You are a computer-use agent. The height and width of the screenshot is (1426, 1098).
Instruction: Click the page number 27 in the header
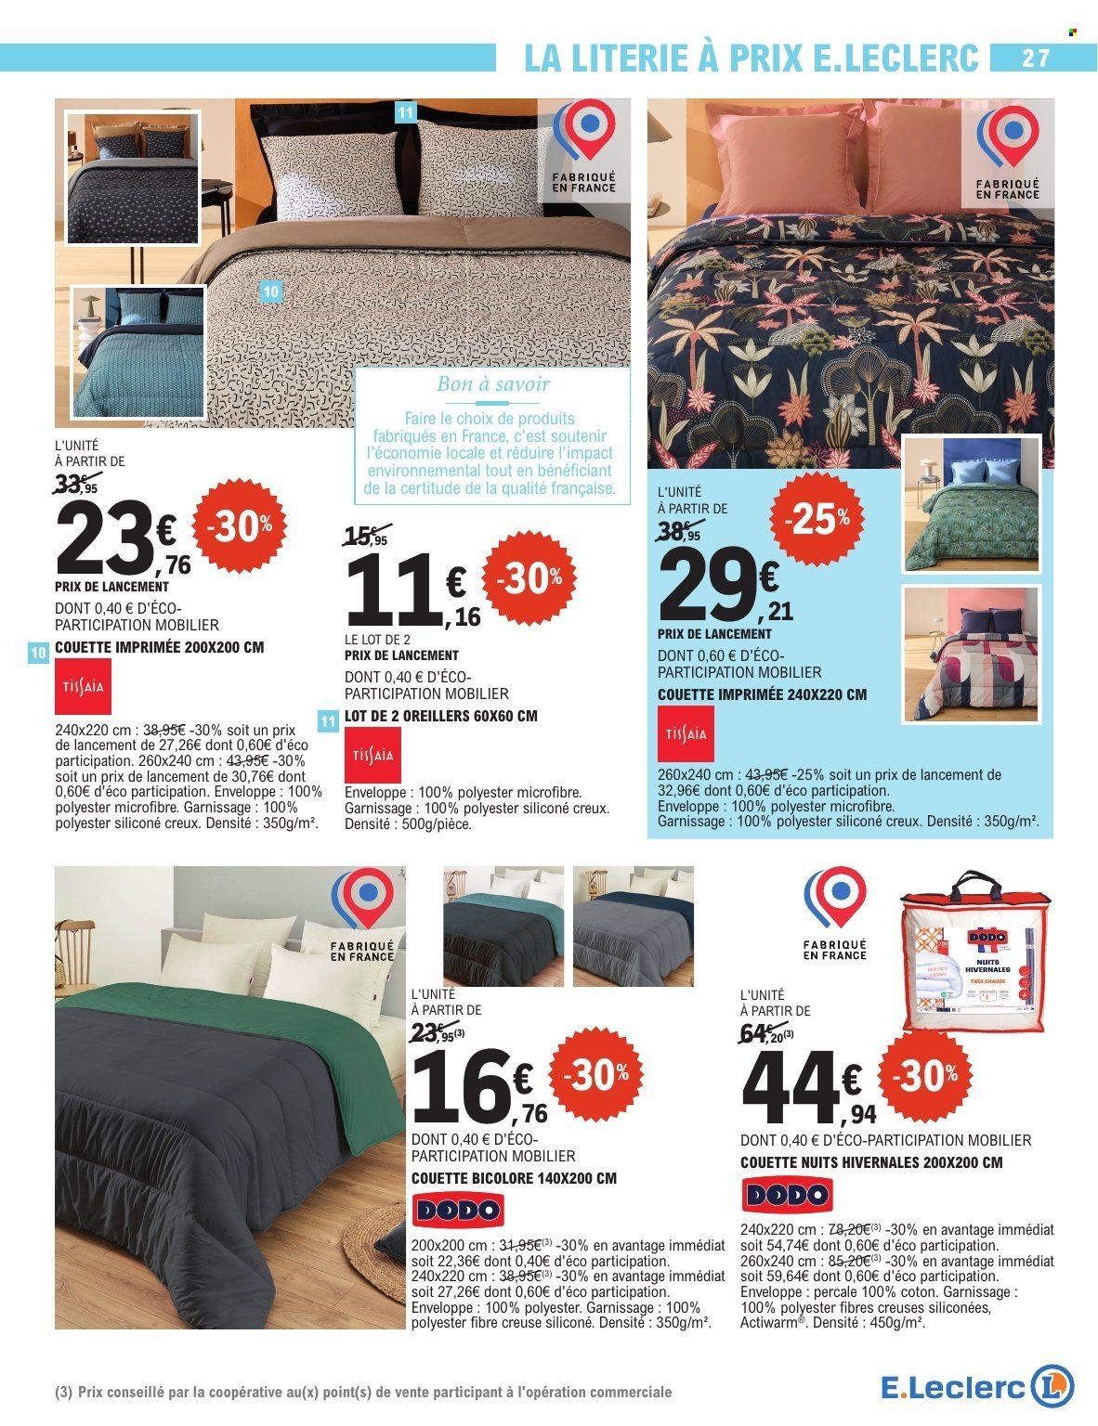(x=1035, y=58)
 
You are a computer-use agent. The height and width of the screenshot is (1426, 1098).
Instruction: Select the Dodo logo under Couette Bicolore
(x=455, y=1209)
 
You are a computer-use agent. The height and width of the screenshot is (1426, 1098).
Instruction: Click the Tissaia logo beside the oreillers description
(x=374, y=753)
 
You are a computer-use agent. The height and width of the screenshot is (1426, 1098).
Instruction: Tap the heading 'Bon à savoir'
(x=494, y=382)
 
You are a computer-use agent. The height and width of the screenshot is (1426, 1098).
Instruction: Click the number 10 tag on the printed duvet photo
(x=270, y=290)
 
